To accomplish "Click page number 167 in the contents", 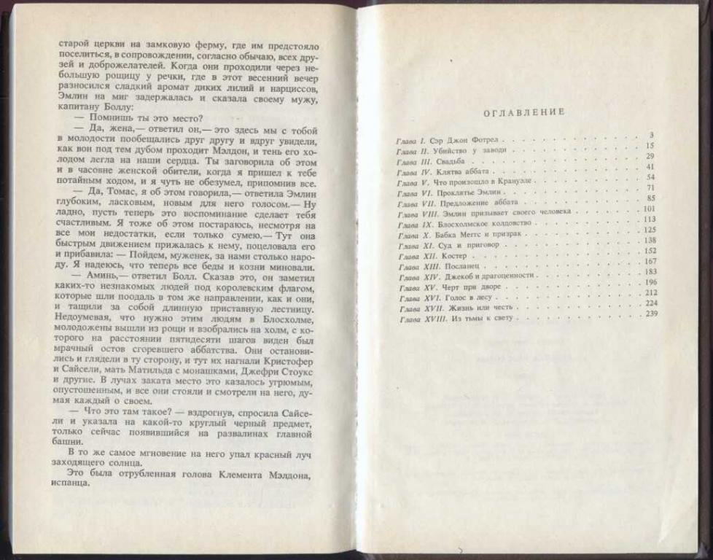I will tap(650, 261).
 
